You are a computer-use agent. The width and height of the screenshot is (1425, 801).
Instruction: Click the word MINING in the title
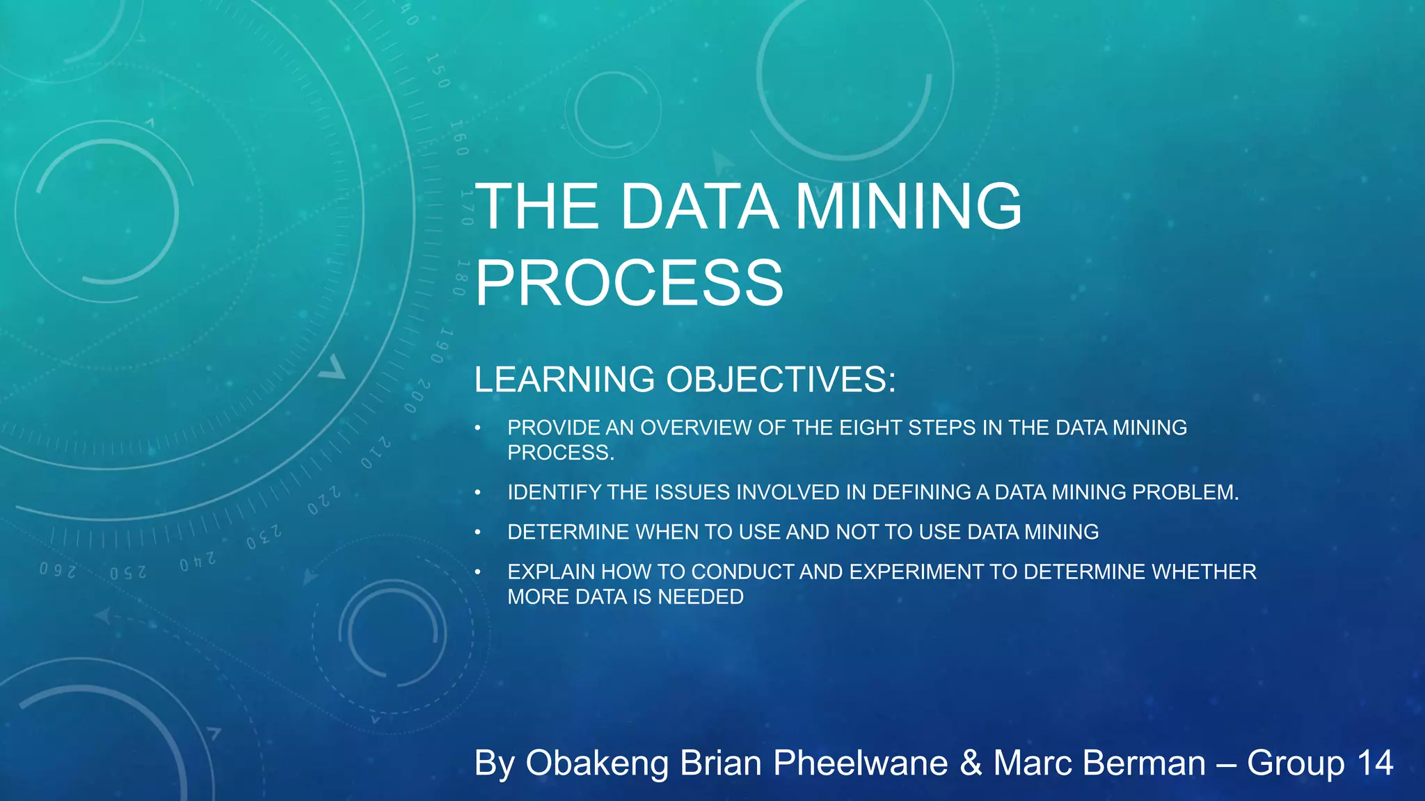tap(908, 207)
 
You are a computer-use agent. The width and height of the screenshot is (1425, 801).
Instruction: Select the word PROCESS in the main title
tap(629, 282)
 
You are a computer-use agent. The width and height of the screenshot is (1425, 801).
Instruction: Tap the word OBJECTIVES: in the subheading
tap(781, 380)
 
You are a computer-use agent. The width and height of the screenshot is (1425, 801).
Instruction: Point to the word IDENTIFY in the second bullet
tap(554, 492)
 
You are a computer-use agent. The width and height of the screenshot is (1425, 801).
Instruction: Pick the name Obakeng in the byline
tap(598, 763)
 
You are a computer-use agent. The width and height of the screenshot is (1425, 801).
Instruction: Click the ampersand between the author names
tap(971, 763)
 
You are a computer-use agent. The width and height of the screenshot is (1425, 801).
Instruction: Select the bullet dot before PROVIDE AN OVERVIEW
tap(478, 428)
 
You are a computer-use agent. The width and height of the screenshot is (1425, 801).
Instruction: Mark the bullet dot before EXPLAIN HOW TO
tap(478, 572)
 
